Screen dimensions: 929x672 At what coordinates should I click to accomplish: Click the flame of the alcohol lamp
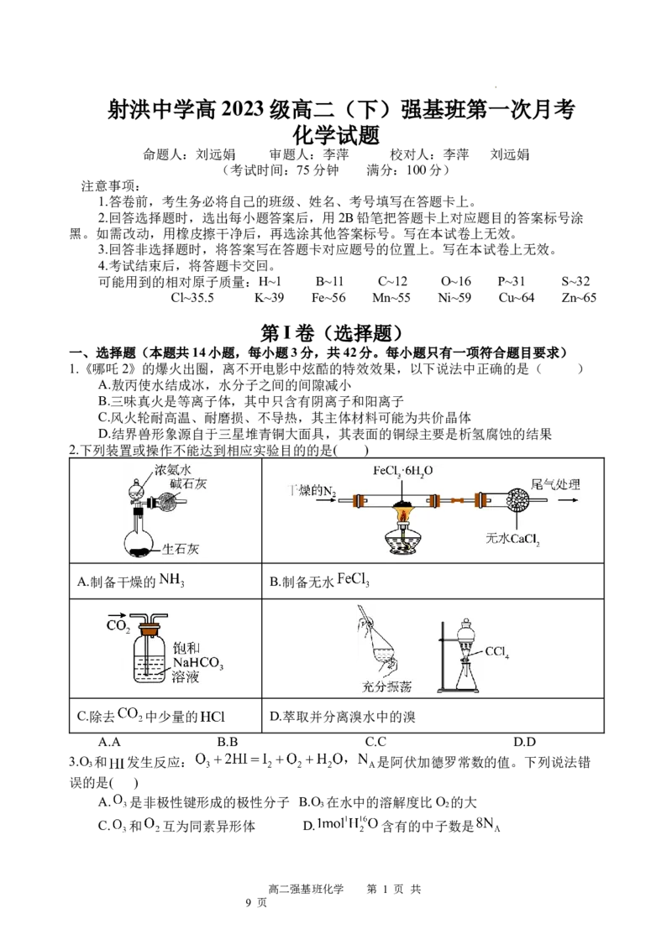tap(403, 513)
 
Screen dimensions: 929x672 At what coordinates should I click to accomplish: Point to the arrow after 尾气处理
tap(570, 501)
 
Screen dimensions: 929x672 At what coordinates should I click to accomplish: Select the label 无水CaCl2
tap(512, 538)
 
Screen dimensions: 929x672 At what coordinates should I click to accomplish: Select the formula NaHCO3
tap(200, 663)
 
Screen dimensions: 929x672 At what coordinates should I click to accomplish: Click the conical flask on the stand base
tap(464, 678)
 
